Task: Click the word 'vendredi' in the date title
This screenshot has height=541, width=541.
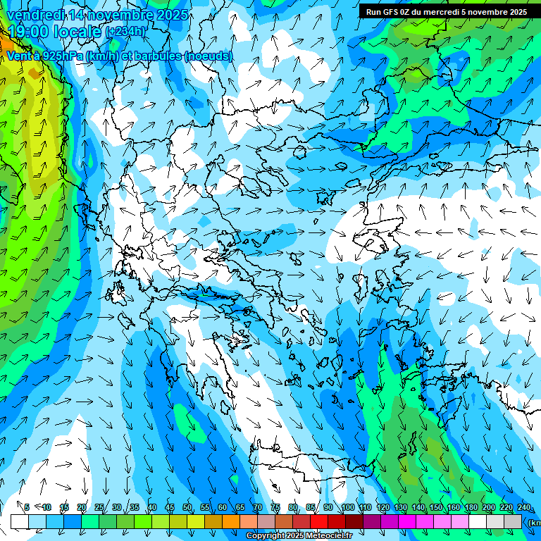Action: tap(34, 15)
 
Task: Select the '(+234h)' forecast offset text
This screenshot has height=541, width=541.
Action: tap(125, 32)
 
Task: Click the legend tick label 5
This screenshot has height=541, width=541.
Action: tap(27, 508)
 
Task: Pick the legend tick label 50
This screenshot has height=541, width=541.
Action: tap(187, 508)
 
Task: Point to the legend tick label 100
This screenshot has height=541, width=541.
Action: tap(347, 508)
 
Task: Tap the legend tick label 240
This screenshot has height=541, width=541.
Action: tap(523, 508)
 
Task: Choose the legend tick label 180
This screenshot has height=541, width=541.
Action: tap(471, 508)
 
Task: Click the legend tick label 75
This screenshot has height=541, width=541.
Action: tap(275, 508)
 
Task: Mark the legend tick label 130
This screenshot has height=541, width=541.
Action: tap(400, 508)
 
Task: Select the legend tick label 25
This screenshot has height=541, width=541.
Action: tap(99, 508)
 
